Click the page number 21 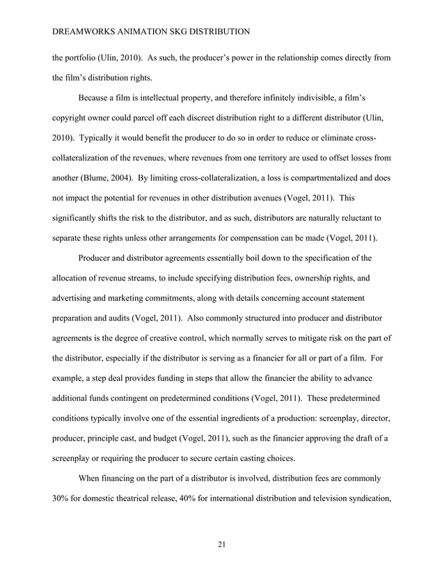coord(221,544)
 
